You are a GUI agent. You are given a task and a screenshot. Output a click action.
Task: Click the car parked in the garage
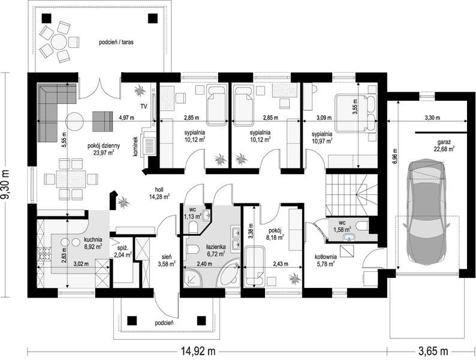(426, 210)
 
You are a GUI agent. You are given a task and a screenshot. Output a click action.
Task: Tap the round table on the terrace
(59, 42)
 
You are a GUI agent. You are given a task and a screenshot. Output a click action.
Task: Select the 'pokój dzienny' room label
(104, 146)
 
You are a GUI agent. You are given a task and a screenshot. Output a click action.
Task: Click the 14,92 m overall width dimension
(198, 352)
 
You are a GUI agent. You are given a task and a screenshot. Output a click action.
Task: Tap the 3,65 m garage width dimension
(433, 352)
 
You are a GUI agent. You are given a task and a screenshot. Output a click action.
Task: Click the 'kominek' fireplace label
(135, 146)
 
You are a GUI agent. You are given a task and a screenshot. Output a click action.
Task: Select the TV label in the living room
(144, 106)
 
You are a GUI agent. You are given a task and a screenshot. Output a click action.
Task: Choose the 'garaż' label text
(444, 142)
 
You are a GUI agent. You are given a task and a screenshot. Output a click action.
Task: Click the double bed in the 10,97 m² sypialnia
(356, 113)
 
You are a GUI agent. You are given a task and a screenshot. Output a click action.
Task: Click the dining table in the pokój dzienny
(71, 178)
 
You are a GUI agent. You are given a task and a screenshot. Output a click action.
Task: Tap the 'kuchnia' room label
(93, 239)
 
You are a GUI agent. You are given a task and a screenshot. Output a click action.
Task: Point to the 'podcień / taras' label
(116, 42)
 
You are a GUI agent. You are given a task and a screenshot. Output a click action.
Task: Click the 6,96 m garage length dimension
(395, 157)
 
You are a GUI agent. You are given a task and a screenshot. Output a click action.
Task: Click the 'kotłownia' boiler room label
(326, 257)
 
